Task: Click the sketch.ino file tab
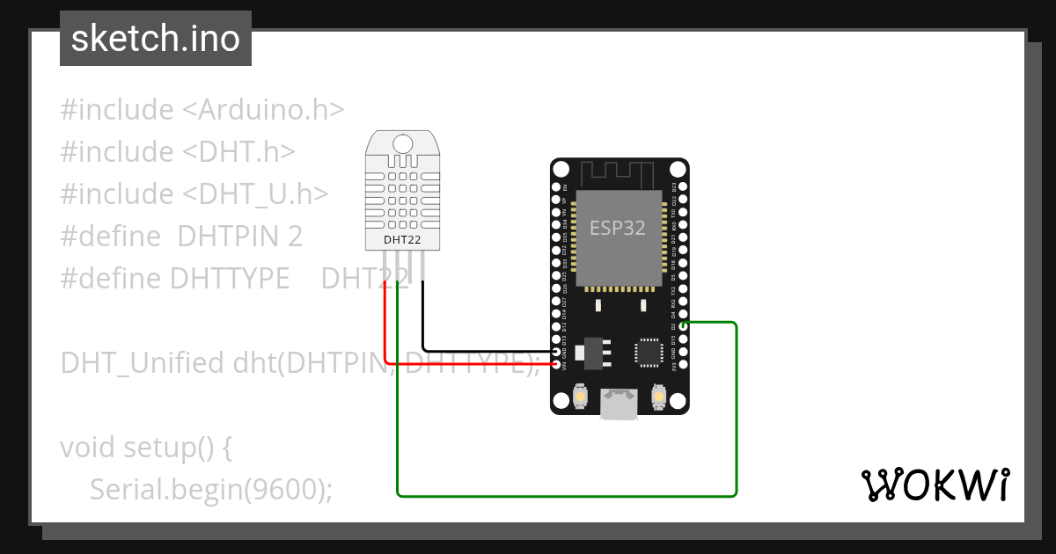[x=156, y=39]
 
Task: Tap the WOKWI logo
[x=934, y=485]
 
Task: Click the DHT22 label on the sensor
[x=403, y=238]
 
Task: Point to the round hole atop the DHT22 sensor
[x=403, y=144]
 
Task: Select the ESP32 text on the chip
[x=617, y=229]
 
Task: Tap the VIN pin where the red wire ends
[x=555, y=364]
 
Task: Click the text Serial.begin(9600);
[x=211, y=489]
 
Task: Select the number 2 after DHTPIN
[x=295, y=237]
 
